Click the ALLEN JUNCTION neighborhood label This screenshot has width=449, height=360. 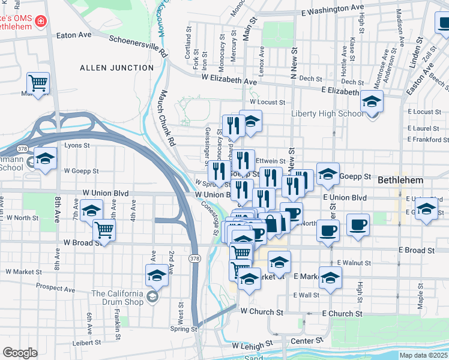117,68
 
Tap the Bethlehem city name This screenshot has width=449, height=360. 401,180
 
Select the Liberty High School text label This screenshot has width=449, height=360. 327,114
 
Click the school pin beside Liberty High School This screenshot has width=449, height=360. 372,101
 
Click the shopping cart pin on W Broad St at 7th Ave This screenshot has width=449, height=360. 104,229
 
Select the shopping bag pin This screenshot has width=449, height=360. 271,224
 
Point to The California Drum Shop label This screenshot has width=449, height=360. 118,298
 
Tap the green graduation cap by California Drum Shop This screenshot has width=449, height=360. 153,297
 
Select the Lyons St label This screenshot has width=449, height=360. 77,145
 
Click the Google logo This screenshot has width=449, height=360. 20,353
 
